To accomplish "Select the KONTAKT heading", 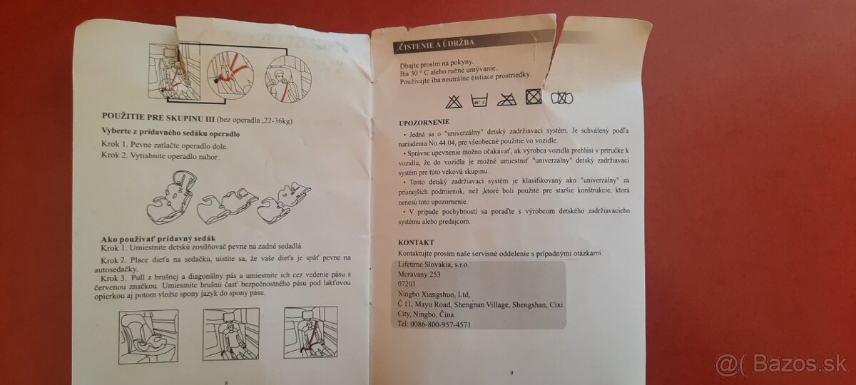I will pos(416,242).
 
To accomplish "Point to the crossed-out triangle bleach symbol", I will pos(454,100).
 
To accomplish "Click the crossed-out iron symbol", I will pos(506,98).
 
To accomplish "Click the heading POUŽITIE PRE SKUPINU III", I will pos(156,116).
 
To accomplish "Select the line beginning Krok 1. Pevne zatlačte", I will pos(148,145).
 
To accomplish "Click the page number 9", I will pos(511,372).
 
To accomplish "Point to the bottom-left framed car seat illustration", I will pos(148,336).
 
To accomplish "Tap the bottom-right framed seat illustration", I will pos(310,332).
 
